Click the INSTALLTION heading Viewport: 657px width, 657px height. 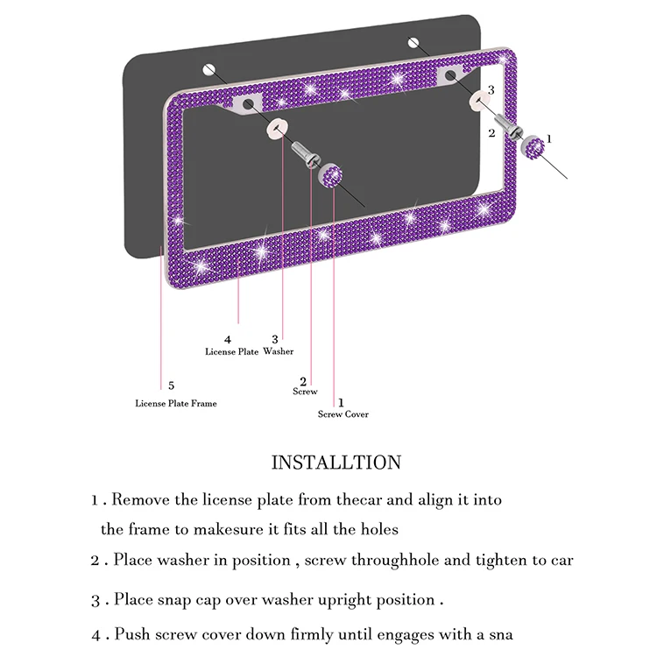tap(336, 463)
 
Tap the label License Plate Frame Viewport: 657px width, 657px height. tap(175, 403)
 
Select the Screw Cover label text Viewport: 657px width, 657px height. tap(343, 414)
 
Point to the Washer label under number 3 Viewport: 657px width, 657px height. tap(279, 351)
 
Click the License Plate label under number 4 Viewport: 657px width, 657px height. tap(231, 351)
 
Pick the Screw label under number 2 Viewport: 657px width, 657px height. tap(305, 392)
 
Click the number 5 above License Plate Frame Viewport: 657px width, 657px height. tap(171, 385)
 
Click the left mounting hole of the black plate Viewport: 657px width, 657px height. tap(207, 70)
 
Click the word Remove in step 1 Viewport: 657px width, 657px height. tap(141, 500)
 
